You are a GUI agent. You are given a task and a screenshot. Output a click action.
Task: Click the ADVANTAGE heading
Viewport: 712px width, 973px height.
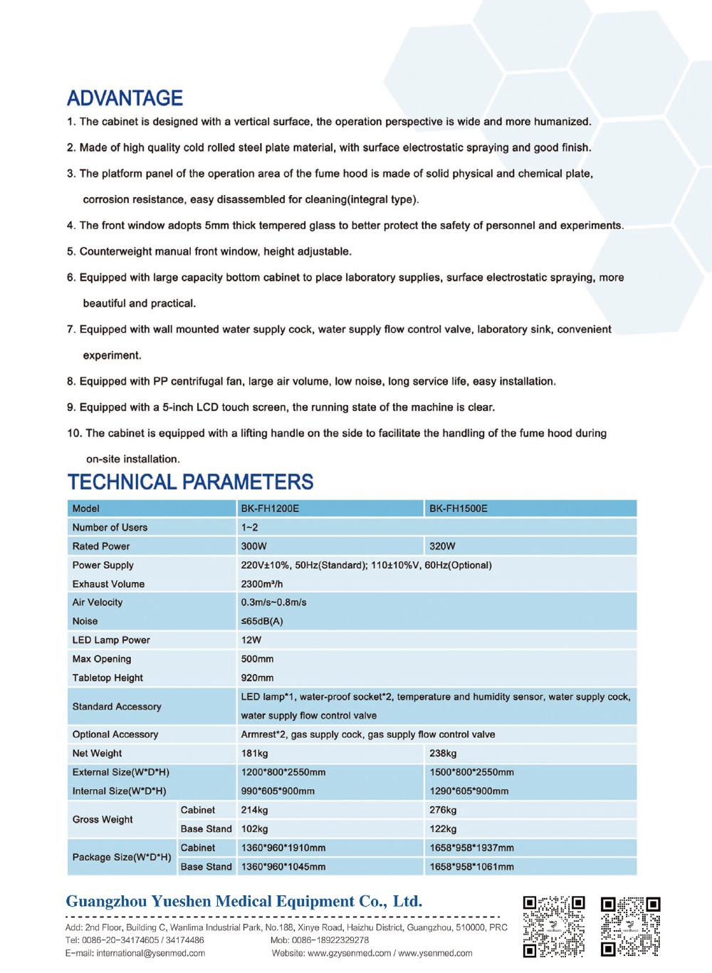click(x=125, y=98)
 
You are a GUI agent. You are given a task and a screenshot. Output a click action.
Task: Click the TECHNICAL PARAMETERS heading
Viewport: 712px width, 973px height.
click(x=190, y=482)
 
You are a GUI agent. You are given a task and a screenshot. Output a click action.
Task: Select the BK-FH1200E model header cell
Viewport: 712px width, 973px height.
click(x=270, y=509)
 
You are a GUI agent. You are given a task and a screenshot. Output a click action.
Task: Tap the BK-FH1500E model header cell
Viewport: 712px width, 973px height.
click(x=459, y=509)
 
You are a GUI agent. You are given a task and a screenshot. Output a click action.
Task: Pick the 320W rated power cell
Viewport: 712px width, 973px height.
click(x=442, y=546)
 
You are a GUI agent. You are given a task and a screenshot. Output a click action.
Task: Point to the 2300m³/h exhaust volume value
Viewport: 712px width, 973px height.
click(x=262, y=584)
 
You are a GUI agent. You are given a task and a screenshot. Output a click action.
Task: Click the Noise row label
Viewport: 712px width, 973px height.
click(x=85, y=621)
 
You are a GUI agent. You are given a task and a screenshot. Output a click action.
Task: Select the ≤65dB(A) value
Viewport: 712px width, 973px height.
click(x=262, y=621)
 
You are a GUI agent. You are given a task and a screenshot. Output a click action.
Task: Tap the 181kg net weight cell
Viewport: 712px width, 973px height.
click(x=254, y=754)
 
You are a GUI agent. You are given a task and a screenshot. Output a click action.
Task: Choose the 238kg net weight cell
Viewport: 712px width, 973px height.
click(x=443, y=754)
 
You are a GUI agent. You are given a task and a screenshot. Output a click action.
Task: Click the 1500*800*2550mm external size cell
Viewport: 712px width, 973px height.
click(x=471, y=772)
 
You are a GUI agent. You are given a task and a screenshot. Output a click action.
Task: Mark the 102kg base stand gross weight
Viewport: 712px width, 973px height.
click(x=254, y=829)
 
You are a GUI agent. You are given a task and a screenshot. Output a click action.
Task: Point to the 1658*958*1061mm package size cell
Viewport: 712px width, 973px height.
click(x=471, y=867)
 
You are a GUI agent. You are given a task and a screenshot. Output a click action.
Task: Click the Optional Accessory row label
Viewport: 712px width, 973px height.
click(x=115, y=734)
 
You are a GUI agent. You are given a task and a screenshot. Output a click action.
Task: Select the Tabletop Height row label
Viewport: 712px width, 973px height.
click(x=108, y=678)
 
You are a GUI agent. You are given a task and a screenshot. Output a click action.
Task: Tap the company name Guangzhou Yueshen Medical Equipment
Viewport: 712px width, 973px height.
click(x=244, y=902)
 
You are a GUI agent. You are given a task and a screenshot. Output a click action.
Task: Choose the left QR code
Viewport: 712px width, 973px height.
click(x=553, y=926)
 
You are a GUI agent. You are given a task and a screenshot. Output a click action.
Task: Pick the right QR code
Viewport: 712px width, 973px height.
click(x=631, y=926)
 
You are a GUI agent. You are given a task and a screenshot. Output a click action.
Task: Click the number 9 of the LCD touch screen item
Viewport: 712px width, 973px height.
click(x=70, y=407)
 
